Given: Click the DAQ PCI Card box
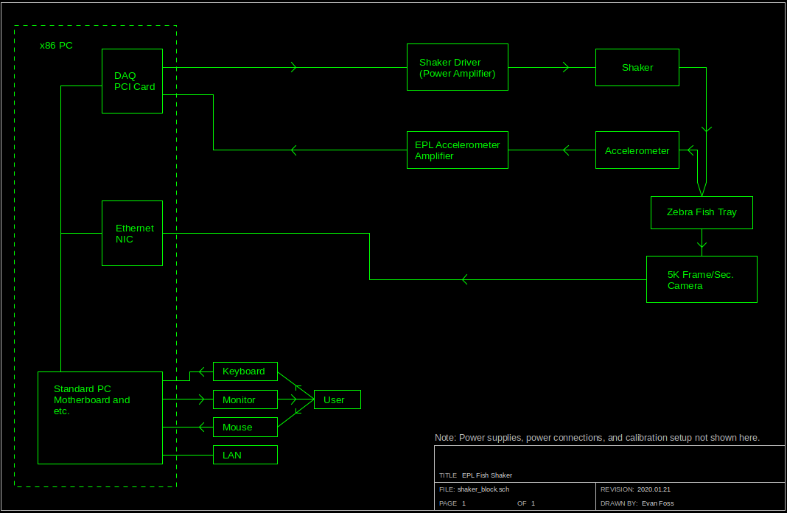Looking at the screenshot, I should (132, 81).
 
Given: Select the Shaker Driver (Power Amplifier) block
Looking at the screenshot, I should (457, 67).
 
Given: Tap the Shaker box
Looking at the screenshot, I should (637, 67).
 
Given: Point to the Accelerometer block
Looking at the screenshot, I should (637, 150).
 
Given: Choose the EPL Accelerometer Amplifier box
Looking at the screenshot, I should (457, 150).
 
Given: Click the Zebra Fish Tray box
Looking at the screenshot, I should (702, 212).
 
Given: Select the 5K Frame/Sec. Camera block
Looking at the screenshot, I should (702, 279).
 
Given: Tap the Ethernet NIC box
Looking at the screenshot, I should (132, 234).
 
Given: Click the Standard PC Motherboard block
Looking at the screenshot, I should (99, 418).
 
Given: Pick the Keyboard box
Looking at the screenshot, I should (245, 371).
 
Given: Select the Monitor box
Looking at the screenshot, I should (245, 399).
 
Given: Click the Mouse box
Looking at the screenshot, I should (245, 427).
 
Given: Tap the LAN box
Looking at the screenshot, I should (245, 455).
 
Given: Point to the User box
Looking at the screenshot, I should (337, 399).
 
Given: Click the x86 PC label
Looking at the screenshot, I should (56, 46).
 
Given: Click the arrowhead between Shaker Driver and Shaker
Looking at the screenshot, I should (566, 67).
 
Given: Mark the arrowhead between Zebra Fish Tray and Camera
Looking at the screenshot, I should (702, 242).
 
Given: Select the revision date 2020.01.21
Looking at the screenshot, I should (654, 489).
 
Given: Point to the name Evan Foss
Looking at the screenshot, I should (657, 503).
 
